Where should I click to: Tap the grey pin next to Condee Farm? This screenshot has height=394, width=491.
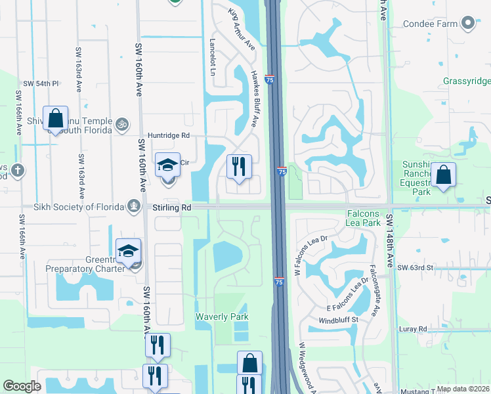(468, 24)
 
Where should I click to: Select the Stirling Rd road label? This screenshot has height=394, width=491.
(172, 207)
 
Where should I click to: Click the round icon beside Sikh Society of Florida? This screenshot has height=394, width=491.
(134, 207)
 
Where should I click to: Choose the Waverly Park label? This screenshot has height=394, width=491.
(222, 317)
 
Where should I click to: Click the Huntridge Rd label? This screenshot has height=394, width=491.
(168, 135)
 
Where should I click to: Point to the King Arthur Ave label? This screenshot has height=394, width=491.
(241, 30)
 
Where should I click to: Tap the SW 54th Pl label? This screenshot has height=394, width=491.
(41, 84)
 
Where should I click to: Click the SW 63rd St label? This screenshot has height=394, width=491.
(416, 268)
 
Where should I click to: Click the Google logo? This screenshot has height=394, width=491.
(22, 386)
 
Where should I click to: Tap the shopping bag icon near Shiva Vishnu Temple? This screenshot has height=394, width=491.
(56, 119)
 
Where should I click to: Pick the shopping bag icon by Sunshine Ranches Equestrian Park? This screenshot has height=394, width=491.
(444, 175)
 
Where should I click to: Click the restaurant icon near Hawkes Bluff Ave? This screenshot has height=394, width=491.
(239, 166)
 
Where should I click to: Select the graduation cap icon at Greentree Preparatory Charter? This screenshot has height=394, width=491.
(128, 251)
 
